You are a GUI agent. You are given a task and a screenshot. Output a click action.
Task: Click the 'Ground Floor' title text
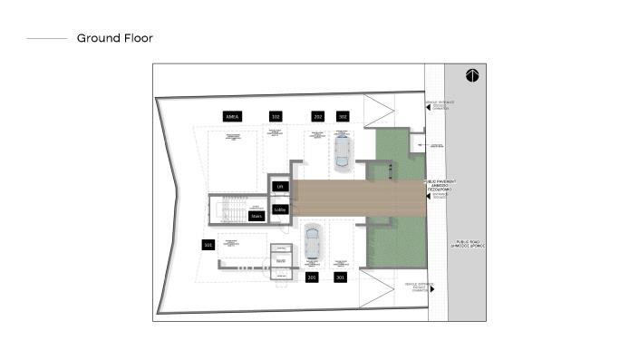[114, 38]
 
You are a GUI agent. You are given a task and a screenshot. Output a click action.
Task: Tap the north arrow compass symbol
[472, 75]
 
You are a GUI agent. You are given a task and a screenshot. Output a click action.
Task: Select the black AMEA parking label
[231, 117]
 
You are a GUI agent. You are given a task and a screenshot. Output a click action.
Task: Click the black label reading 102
[276, 117]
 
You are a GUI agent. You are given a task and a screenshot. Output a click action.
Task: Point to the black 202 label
[317, 117]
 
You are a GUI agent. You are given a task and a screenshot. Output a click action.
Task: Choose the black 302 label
[343, 117]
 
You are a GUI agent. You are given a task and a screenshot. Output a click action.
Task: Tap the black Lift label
[280, 187]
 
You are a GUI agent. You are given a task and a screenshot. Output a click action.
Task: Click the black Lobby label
[280, 209]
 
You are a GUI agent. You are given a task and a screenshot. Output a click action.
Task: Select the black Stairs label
[256, 216]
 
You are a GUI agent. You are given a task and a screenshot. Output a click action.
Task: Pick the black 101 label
[208, 245]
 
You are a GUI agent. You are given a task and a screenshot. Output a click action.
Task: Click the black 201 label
[312, 276]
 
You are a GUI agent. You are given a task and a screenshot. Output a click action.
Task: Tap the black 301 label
[340, 276]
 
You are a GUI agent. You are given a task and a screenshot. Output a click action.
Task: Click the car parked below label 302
[342, 151]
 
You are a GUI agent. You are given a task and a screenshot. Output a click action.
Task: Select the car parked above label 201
[311, 242]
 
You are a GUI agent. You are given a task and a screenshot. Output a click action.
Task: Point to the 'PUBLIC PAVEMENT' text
[441, 183]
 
